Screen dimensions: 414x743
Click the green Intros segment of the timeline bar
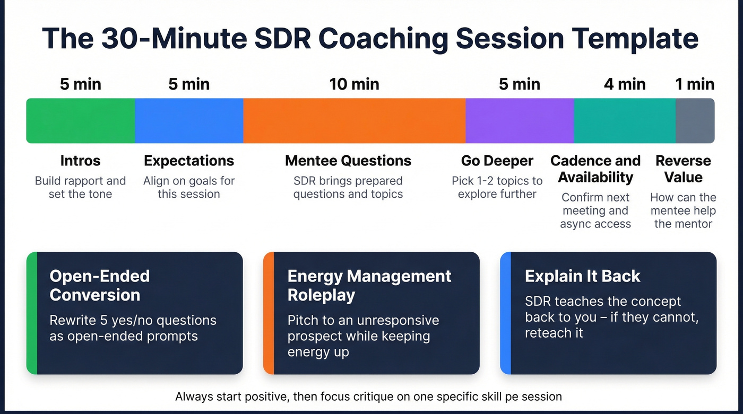click(81, 120)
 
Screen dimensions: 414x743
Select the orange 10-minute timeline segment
click(354, 120)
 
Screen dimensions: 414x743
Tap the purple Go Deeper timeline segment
click(520, 120)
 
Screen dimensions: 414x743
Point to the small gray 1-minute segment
click(695, 120)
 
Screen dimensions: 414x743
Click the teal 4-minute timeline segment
click(625, 120)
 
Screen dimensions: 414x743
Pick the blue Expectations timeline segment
click(189, 120)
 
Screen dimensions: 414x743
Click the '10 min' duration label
click(354, 84)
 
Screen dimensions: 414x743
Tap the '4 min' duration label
click(625, 84)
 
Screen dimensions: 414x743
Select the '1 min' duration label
click(695, 84)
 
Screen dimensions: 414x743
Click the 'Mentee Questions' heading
click(348, 161)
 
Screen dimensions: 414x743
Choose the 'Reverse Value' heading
click(684, 169)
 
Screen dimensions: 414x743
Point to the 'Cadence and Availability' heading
click(595, 169)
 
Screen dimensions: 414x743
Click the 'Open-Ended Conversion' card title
click(100, 285)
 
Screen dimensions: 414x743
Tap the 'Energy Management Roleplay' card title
click(369, 285)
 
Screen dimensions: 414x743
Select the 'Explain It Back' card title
click(582, 276)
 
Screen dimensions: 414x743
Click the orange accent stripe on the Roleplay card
click(269, 313)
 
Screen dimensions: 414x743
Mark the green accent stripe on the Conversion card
click(31, 313)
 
